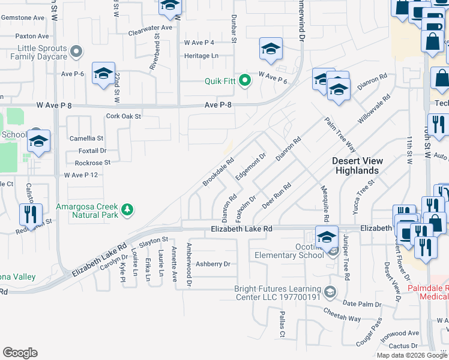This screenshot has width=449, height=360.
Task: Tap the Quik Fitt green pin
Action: pos(244,80)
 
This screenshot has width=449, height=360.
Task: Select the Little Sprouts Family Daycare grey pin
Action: pos(75,52)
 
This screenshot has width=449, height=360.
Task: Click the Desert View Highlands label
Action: pos(356,166)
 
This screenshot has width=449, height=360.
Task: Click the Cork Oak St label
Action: pos(123,116)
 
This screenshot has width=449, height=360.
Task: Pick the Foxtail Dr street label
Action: pos(92,151)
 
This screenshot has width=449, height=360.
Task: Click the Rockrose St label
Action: pos(93,163)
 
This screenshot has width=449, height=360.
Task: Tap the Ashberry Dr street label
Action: pos(213,264)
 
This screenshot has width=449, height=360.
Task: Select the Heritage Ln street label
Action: pos(202,55)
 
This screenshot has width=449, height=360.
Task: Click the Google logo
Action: pos(20,353)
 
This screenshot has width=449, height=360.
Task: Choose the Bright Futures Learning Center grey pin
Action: pos(329,292)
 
